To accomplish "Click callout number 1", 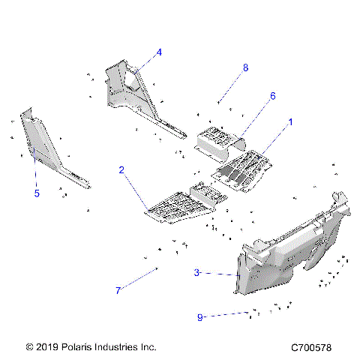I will pos(291,121).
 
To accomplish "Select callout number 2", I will pos(121,170).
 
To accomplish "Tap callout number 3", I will pos(196,273).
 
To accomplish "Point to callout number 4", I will pos(159,52).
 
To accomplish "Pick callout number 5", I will pos(36,193).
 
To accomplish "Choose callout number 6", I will pos(252,96).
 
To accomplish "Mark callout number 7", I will pos(118,291).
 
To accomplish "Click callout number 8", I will pos(245,67).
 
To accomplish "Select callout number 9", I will pos(200,317).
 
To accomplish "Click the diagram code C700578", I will pos(317,348).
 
